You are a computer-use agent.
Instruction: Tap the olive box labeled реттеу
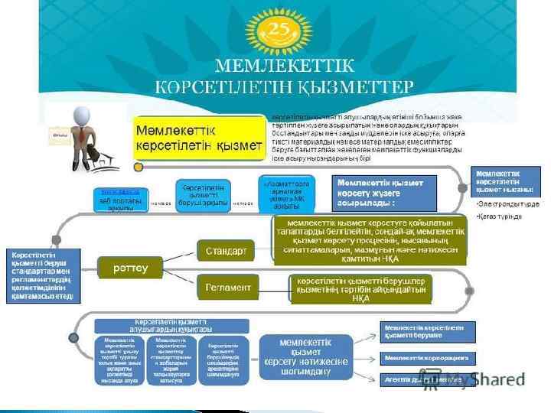pos(129,268)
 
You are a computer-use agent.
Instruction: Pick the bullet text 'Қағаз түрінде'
pos(500,216)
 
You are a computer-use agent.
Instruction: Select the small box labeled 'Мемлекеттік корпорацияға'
pos(427,357)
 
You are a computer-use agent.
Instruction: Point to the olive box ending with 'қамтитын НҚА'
pos(370,240)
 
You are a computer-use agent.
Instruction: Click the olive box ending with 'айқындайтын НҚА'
pos(360,288)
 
